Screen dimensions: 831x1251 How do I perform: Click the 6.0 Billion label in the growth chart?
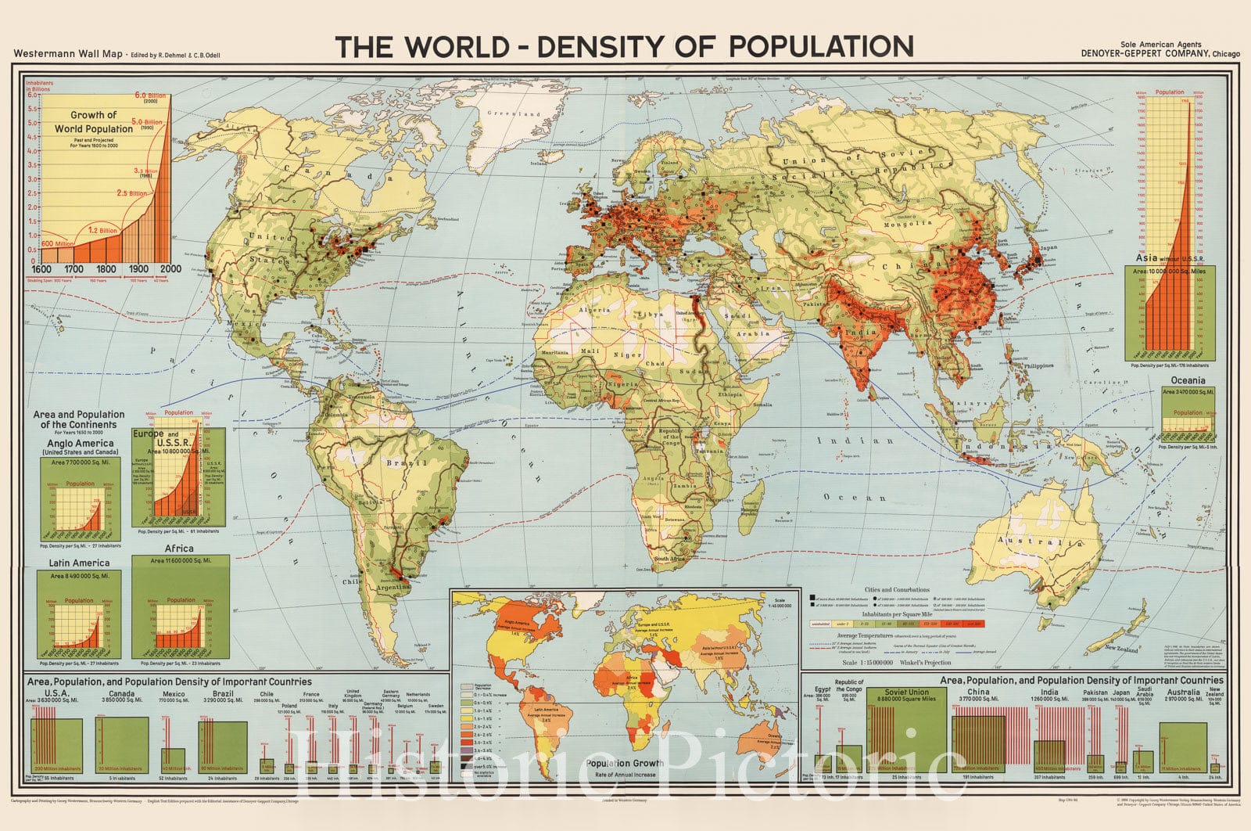coord(151,95)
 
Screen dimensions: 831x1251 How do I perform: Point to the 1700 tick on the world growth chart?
coord(73,269)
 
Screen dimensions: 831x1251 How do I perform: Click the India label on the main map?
coord(863,333)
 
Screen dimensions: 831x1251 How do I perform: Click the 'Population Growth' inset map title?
coord(625,763)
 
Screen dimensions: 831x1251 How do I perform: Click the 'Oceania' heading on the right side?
coord(1188,380)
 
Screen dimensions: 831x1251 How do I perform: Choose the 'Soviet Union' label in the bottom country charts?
coord(907,692)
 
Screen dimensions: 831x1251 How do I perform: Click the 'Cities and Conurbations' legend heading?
coord(897,589)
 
